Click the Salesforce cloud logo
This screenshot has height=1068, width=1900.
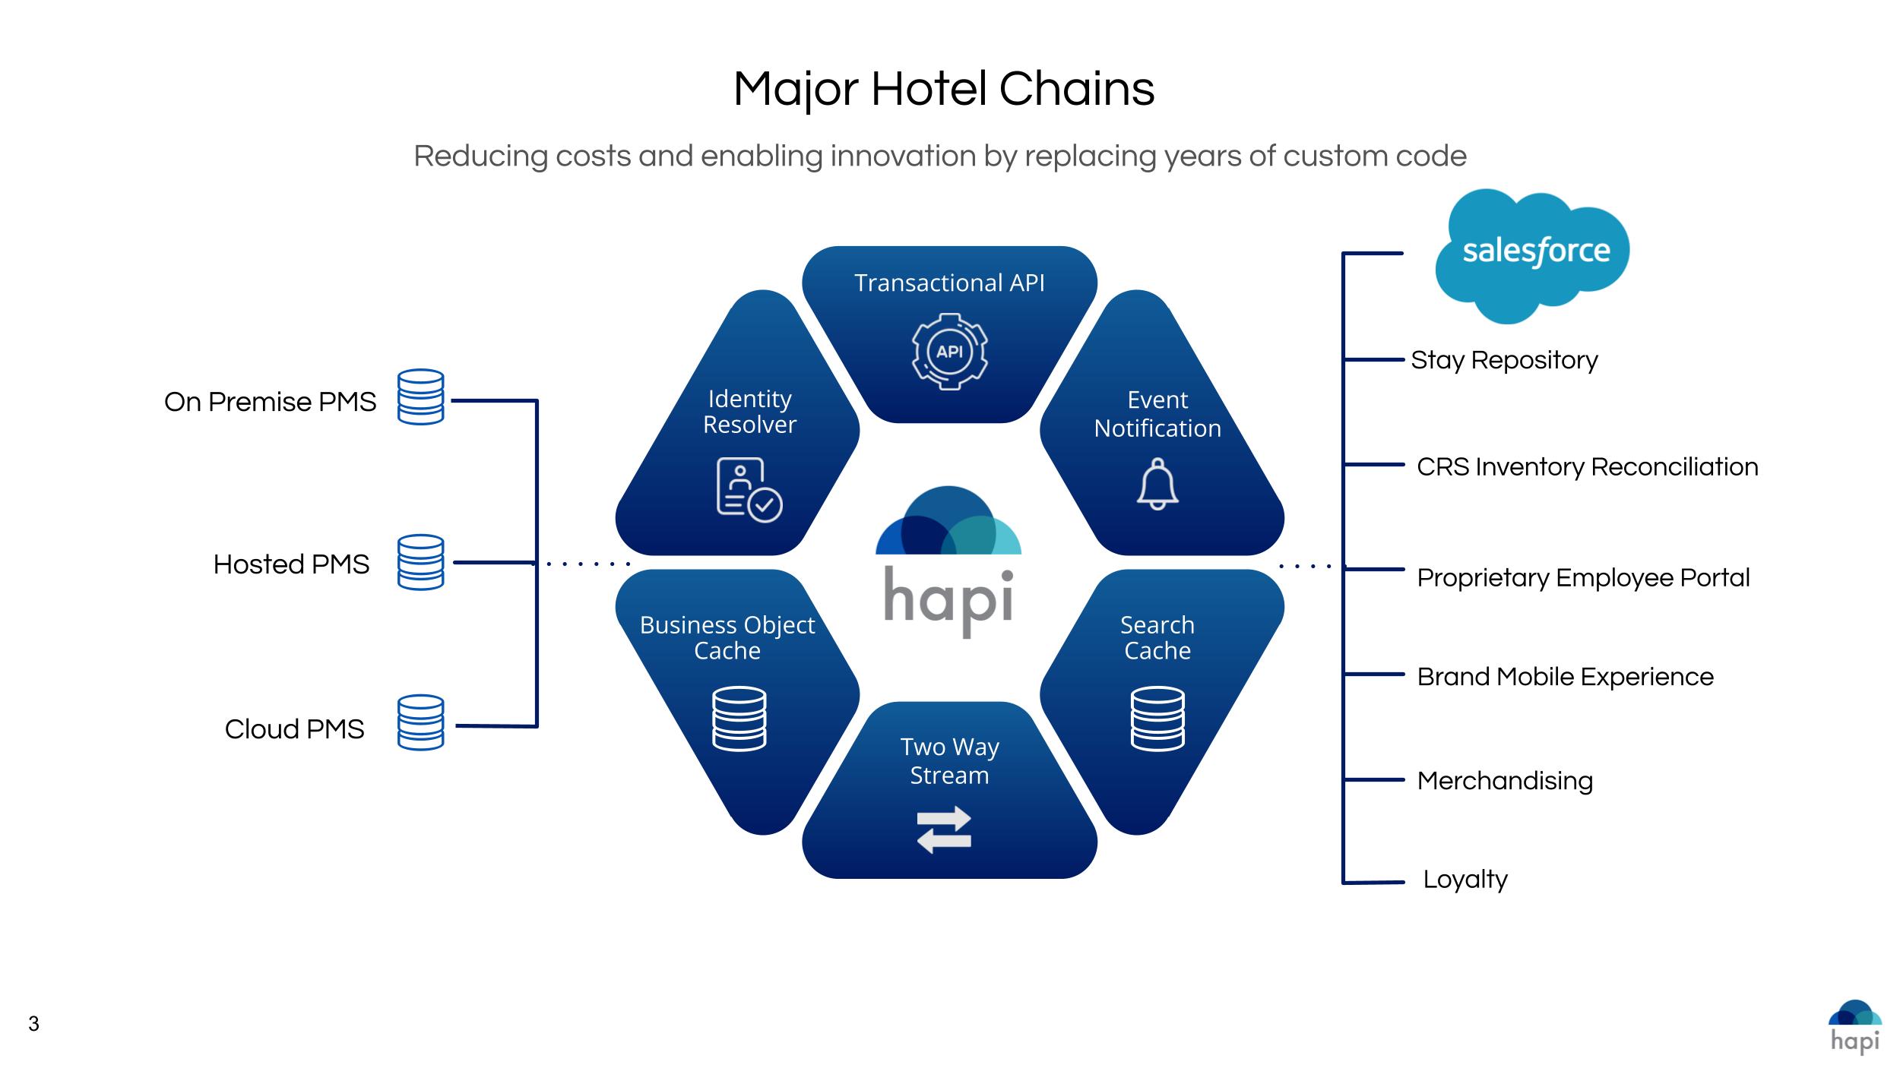pyautogui.click(x=1532, y=253)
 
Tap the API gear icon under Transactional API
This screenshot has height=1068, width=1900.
pyautogui.click(x=949, y=352)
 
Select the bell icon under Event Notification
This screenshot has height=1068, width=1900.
pyautogui.click(x=1157, y=484)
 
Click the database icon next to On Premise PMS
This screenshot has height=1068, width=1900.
pyautogui.click(x=420, y=397)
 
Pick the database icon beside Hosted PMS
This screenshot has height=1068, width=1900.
pyautogui.click(x=420, y=562)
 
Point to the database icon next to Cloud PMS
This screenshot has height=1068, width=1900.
pyautogui.click(x=420, y=722)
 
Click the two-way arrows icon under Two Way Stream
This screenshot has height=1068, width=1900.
pyautogui.click(x=944, y=829)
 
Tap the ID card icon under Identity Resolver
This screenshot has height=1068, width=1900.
pyautogui.click(x=749, y=490)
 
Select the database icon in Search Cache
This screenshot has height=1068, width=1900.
pyautogui.click(x=1157, y=719)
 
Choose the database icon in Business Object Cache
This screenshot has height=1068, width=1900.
pyautogui.click(x=739, y=719)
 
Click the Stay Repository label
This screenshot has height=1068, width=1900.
pyautogui.click(x=1504, y=360)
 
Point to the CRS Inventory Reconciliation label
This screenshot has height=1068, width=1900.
pyautogui.click(x=1587, y=466)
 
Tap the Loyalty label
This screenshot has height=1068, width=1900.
pyautogui.click(x=1465, y=880)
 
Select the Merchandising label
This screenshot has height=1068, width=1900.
pyautogui.click(x=1505, y=780)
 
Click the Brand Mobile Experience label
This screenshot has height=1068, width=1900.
pyautogui.click(x=1565, y=677)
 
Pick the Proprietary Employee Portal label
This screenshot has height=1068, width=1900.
pyautogui.click(x=1583, y=577)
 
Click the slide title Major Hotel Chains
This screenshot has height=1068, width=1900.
pyautogui.click(x=944, y=89)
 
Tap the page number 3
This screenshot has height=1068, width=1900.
pyautogui.click(x=33, y=1024)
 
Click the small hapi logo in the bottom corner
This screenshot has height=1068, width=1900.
pyautogui.click(x=1855, y=1027)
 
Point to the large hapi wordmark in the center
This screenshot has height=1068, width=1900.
pyautogui.click(x=948, y=602)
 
